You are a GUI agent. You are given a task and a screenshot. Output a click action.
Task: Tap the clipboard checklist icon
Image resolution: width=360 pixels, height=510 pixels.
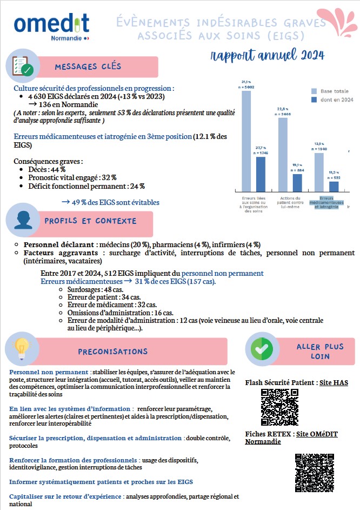click(x=20, y=66)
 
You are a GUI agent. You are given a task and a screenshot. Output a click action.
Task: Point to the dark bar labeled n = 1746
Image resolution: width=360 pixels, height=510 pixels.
click(x=261, y=174)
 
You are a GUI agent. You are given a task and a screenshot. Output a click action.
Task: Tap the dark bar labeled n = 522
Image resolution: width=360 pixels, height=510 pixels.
click(x=334, y=186)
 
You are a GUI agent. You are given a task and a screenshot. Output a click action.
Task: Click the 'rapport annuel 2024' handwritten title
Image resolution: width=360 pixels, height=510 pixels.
click(x=268, y=55)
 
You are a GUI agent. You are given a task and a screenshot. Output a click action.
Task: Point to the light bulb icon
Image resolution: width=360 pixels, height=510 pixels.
click(x=21, y=349)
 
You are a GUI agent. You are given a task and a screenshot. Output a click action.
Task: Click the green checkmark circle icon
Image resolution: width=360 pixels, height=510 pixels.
click(x=262, y=349)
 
